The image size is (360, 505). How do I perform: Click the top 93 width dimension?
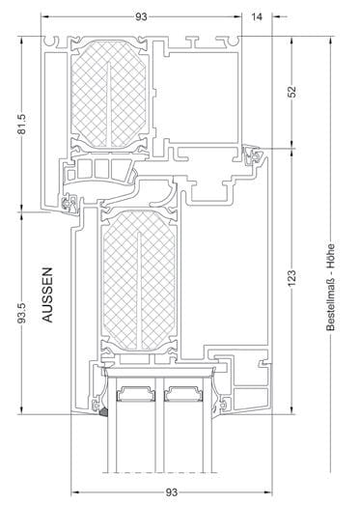[x=142, y=15]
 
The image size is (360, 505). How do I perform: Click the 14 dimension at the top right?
[x=257, y=15]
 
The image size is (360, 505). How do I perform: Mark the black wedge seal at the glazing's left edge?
[x=100, y=413]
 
